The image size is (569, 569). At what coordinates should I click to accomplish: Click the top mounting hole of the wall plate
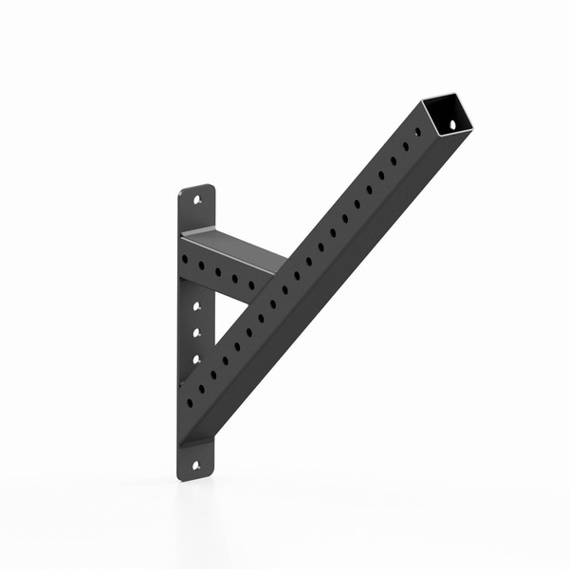pos(196,201)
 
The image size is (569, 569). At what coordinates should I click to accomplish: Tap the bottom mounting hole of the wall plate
pos(196,465)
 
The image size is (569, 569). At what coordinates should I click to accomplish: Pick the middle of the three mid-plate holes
pos(197,333)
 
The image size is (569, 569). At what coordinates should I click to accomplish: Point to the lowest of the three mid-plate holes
pos(197,358)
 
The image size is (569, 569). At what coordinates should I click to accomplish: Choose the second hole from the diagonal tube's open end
pos(406,147)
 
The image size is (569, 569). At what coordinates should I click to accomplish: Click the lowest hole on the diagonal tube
pos(190,402)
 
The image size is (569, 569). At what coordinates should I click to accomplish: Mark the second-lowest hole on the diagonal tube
pos(201,389)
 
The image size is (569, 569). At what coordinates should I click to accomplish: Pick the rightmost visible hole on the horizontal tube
pos(251,284)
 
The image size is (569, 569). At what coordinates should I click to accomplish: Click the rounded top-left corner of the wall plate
pos(182,189)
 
